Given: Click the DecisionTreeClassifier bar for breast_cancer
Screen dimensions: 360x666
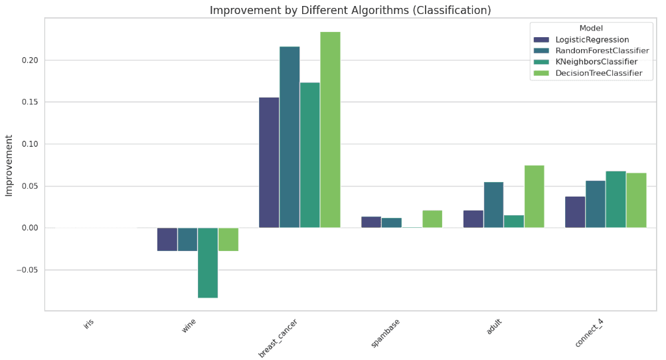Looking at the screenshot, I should click(330, 130).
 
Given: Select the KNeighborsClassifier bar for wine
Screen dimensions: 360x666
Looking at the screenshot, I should click(208, 262).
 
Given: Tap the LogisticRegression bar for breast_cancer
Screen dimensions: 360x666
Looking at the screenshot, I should click(269, 163).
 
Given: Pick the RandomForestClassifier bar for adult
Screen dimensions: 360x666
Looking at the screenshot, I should click(493, 205).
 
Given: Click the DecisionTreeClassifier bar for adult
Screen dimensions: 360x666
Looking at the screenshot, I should click(534, 197).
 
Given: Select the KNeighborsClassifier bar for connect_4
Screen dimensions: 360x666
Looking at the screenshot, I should click(616, 199).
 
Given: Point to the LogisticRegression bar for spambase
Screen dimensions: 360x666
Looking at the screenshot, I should click(371, 222).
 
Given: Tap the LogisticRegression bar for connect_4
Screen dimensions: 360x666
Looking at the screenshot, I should click(575, 212).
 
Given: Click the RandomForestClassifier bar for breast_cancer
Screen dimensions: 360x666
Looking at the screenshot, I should click(290, 137).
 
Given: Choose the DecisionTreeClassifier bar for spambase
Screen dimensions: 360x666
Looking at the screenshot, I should click(432, 219).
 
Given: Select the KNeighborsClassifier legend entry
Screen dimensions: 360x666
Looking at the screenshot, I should click(595, 62).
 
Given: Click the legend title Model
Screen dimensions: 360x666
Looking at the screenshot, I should click(591, 28).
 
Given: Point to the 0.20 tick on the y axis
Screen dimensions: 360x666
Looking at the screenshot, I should click(29, 60).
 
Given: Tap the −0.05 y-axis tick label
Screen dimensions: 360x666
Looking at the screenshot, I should click(27, 270).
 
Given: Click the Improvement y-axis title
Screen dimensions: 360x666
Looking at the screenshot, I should click(9, 165).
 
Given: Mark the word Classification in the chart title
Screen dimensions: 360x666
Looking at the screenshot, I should click(458, 10).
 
